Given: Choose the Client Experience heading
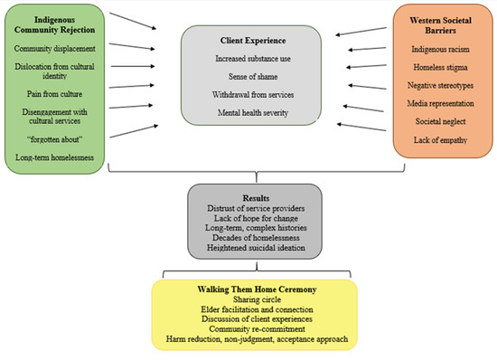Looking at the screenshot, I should (248, 41).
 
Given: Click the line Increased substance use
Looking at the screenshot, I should (248, 59).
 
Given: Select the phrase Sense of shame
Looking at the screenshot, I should (248, 77).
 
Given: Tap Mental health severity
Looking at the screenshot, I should (248, 113).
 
